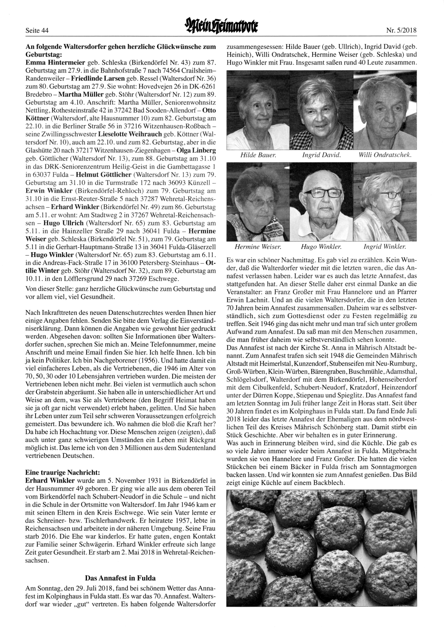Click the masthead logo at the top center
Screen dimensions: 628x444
[x=222, y=29]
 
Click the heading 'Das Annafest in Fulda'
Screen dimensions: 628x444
[x=120, y=578]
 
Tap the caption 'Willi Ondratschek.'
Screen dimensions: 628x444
[x=385, y=155]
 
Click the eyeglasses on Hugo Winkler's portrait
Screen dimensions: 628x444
[x=321, y=193]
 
